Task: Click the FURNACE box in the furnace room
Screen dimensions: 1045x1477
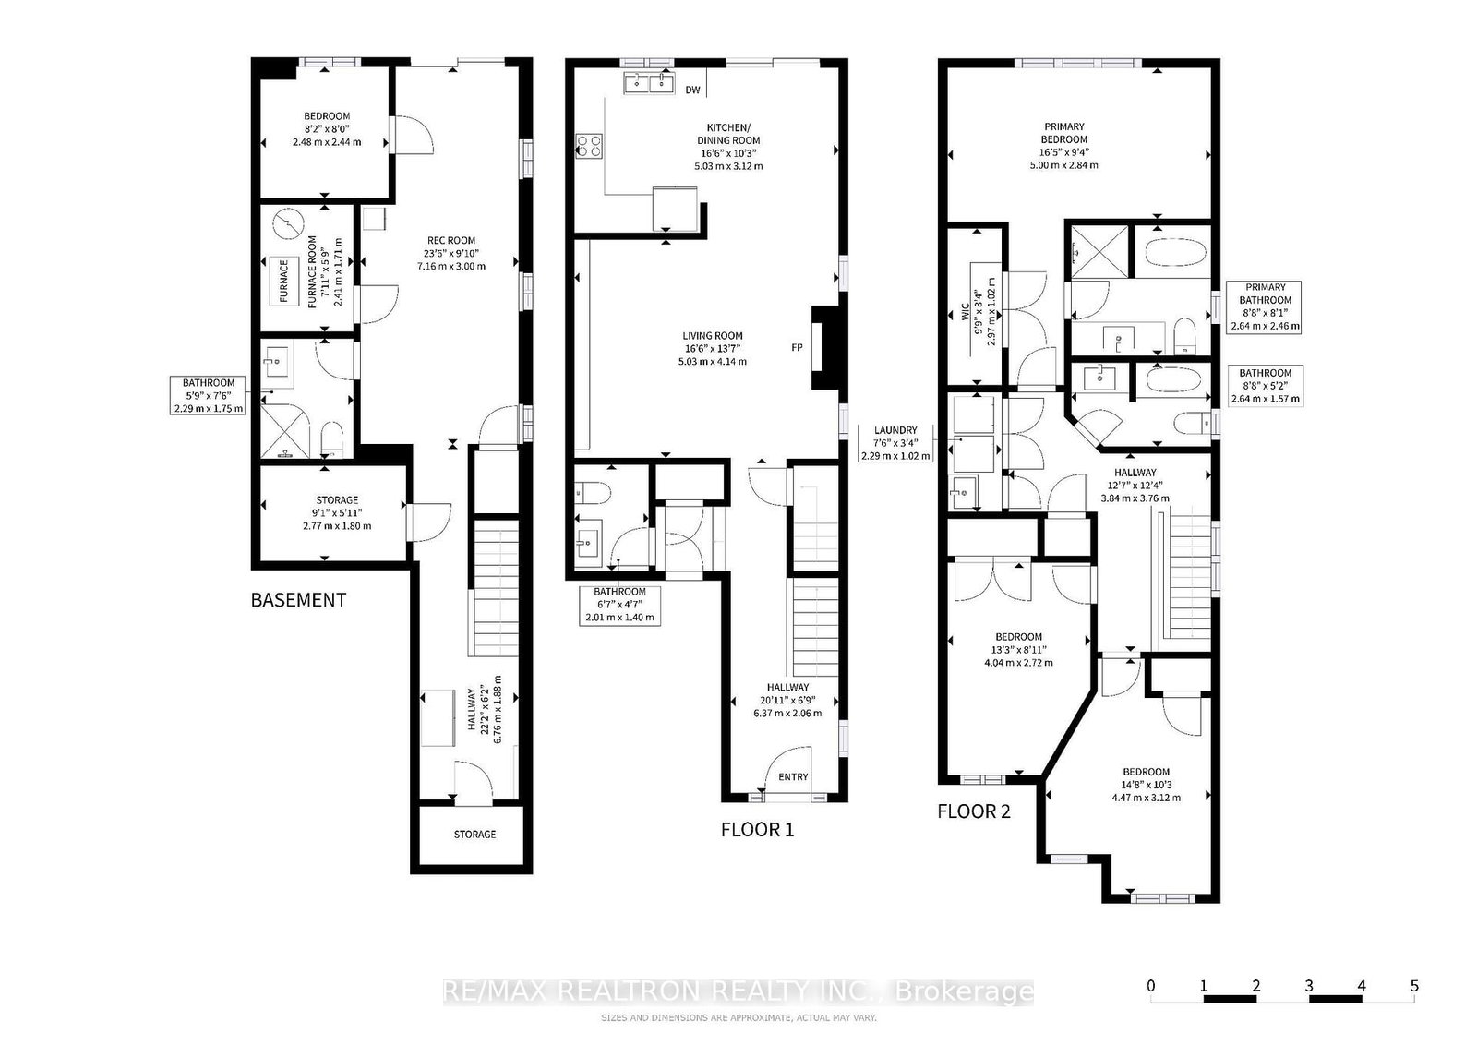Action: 283,282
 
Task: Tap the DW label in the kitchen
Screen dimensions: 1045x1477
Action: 692,90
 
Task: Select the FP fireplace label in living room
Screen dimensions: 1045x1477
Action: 796,348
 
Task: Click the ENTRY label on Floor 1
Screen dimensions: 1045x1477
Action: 793,776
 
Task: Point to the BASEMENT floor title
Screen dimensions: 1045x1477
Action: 298,600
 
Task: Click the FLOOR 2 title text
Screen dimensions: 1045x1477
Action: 973,811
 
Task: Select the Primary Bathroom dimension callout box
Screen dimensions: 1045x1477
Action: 1264,306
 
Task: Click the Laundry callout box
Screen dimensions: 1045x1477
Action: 895,442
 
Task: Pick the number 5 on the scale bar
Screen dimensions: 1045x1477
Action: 1414,986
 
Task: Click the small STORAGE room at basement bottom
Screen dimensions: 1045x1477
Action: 474,835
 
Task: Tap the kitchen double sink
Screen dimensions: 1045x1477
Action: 648,84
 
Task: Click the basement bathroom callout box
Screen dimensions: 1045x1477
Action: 209,395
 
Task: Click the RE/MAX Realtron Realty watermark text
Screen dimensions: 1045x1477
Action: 738,991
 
